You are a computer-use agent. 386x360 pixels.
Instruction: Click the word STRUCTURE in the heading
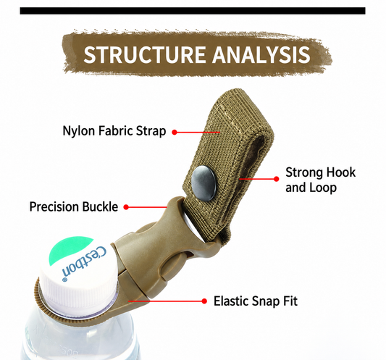145,54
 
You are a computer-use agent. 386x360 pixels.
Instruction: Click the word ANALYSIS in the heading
261,54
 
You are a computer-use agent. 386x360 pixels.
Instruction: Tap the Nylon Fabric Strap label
114,131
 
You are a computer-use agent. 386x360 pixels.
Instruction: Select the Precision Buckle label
74,206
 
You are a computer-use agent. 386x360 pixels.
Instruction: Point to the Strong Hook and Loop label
321,180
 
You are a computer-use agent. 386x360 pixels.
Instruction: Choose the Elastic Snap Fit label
256,301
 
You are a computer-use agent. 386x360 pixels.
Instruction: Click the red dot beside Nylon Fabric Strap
175,133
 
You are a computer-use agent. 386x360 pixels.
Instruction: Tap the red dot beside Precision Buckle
126,207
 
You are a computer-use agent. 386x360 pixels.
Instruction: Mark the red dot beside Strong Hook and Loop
276,179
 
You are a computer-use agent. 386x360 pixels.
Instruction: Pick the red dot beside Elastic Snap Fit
204,301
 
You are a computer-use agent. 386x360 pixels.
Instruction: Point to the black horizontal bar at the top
193,11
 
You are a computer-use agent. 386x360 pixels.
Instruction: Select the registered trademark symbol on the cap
64,280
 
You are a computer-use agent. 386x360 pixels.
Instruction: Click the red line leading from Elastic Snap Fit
165,301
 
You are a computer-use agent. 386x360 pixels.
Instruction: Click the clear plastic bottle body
79,338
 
